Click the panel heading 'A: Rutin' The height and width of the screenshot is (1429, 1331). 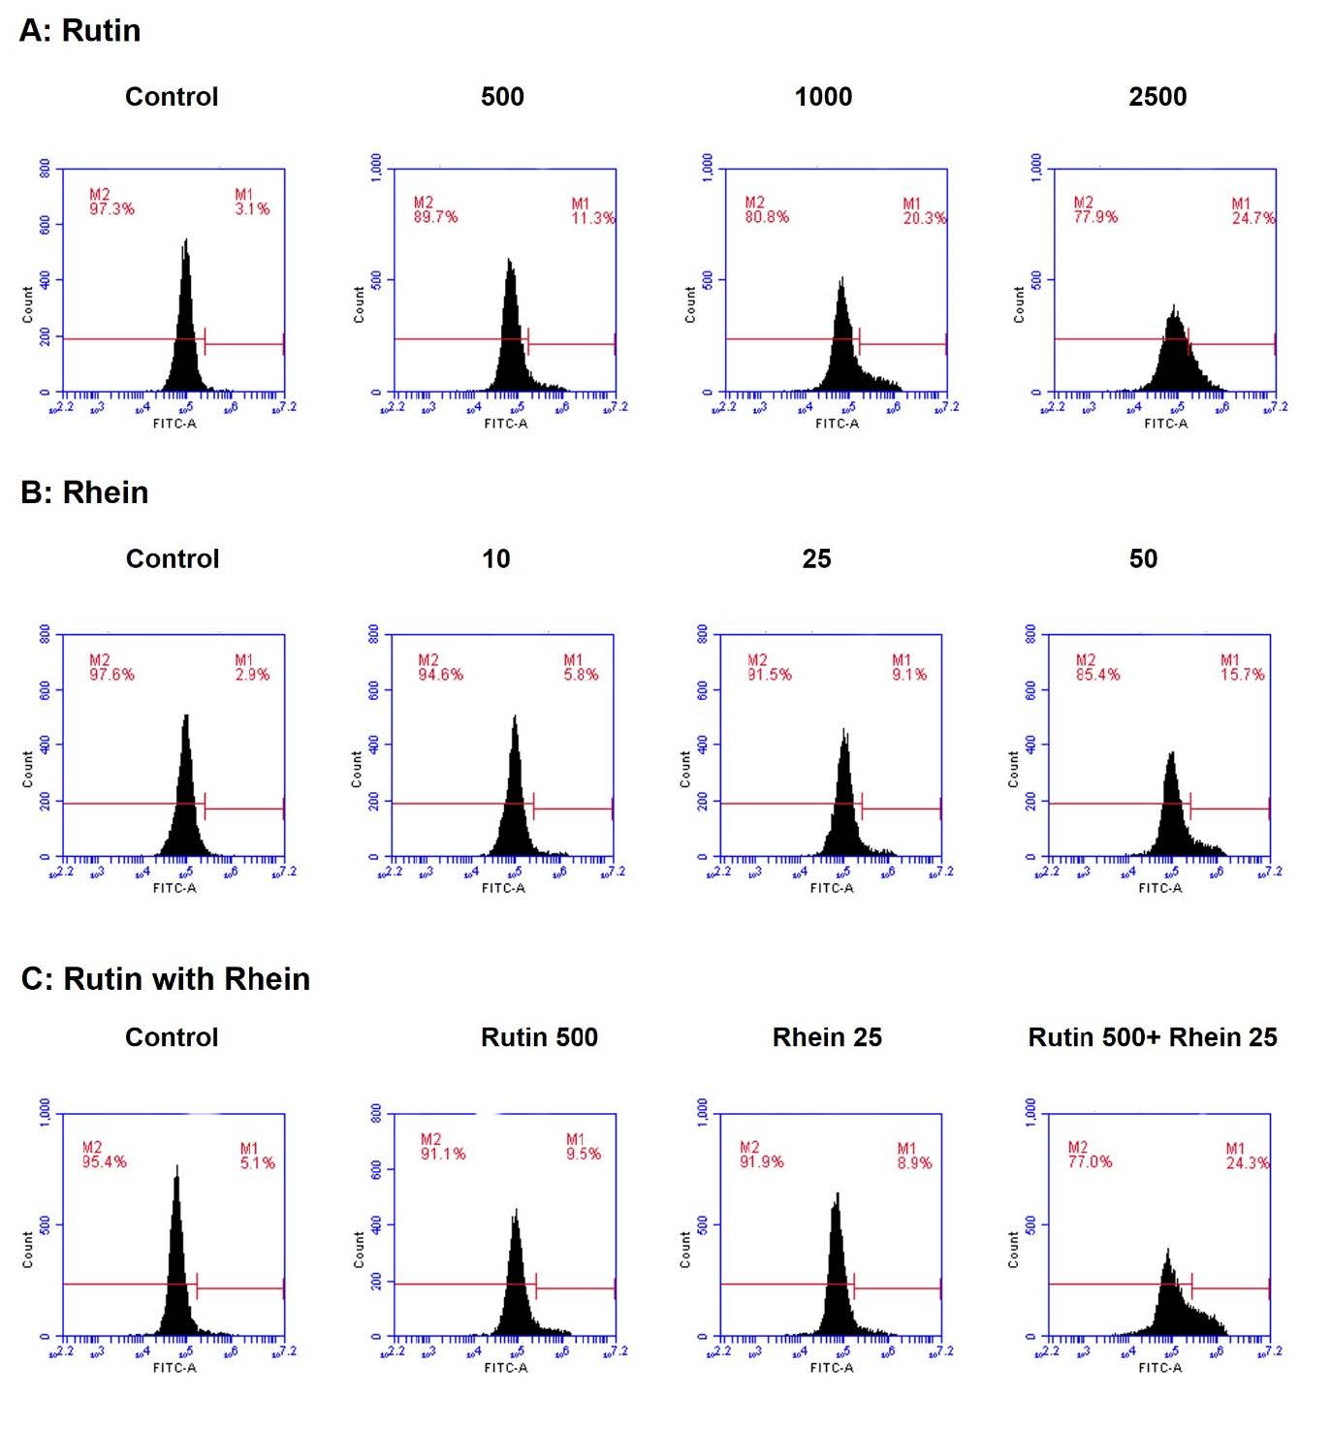click(80, 31)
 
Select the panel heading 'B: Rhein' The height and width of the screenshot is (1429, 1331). click(84, 492)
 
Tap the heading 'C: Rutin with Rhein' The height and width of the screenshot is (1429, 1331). click(165, 979)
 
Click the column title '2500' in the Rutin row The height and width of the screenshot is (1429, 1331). click(1157, 97)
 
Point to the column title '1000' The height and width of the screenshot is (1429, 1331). click(823, 97)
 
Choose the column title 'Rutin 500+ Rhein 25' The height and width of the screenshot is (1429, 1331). click(1152, 1037)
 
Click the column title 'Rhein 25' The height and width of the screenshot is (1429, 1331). click(827, 1037)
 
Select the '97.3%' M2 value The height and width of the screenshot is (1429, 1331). click(111, 208)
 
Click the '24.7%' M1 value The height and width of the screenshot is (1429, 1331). click(1252, 218)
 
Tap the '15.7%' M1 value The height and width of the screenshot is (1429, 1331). click(1242, 675)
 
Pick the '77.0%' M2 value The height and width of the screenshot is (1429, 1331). click(1090, 1161)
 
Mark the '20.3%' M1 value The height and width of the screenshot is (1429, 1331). click(924, 218)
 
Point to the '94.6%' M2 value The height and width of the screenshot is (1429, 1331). click(440, 675)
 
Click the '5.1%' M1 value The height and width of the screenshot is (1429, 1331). click(257, 1162)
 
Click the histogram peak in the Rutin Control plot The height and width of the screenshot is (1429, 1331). click(185, 242)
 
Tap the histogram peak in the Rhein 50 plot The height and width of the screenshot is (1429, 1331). click(1172, 754)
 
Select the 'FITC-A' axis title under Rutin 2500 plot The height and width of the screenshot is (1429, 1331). click(1165, 424)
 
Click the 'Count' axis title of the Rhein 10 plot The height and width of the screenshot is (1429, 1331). click(357, 769)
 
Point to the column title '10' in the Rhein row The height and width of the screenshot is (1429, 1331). click(495, 559)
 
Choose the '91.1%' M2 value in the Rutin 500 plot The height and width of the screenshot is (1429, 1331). click(442, 1154)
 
